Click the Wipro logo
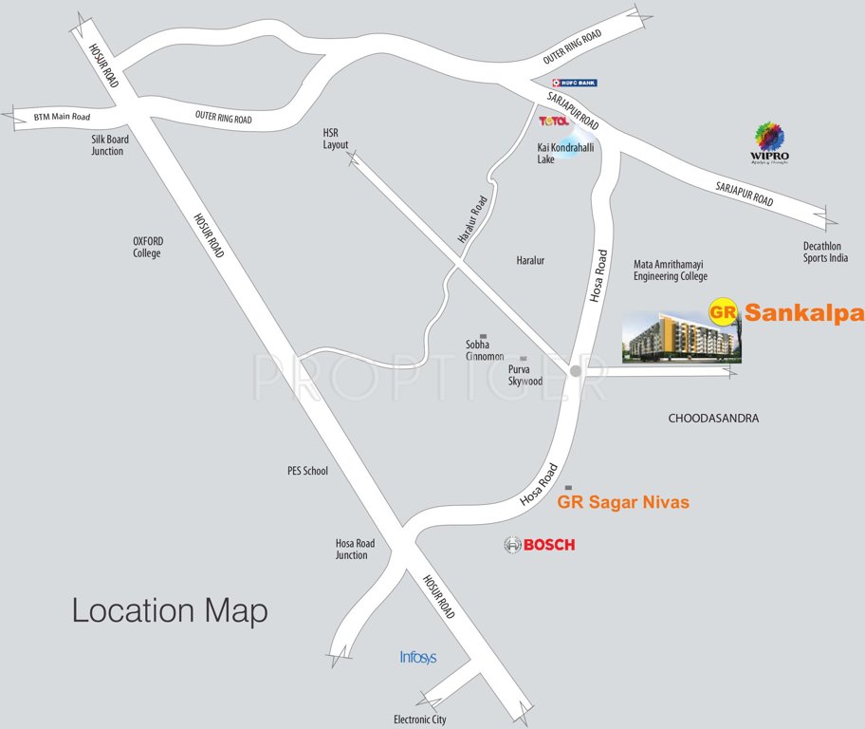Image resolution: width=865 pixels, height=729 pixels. click(x=771, y=143)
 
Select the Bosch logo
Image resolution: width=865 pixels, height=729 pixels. click(x=539, y=545)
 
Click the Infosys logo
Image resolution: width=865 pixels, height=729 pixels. click(x=417, y=657)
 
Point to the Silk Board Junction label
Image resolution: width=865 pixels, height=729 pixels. click(x=107, y=145)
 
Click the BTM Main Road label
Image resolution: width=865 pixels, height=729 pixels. click(x=62, y=117)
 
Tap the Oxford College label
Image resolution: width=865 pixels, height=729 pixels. click(x=147, y=247)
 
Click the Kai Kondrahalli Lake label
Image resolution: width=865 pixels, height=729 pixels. click(x=559, y=155)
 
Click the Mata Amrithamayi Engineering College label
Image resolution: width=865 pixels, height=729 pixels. click(x=670, y=271)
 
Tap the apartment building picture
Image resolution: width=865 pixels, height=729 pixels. click(x=681, y=336)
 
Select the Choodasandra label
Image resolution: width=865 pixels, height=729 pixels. click(x=714, y=418)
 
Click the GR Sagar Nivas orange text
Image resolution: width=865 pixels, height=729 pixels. click(x=623, y=502)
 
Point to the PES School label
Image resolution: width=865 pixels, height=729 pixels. click(x=307, y=470)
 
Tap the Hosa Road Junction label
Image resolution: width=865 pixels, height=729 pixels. click(x=355, y=550)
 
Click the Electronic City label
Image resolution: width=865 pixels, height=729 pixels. click(x=419, y=720)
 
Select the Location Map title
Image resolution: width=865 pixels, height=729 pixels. click(x=170, y=610)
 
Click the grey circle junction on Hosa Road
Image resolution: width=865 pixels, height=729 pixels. click(x=575, y=372)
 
